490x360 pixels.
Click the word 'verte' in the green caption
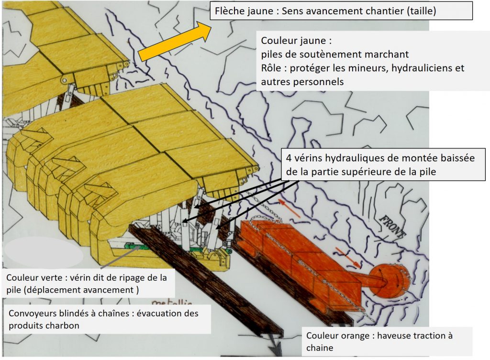click(56, 278)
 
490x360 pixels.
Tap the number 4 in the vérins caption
click(289, 158)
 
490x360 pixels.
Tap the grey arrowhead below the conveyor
click(275, 347)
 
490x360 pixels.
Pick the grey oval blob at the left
click(43, 253)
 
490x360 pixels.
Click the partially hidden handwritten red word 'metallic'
click(172, 302)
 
